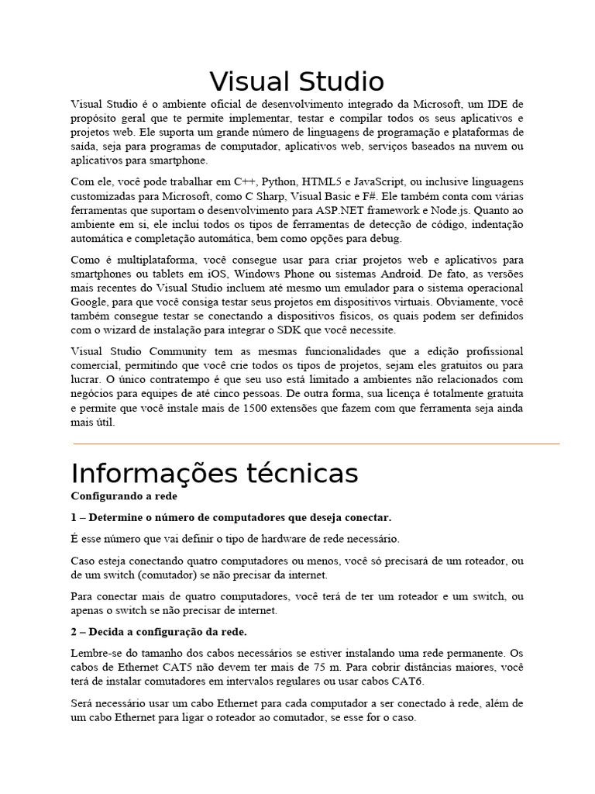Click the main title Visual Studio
[297, 81]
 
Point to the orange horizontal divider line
[316, 444]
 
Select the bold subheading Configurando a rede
[124, 495]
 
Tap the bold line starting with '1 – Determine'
[231, 517]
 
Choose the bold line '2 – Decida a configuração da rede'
[148, 632]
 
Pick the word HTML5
[324, 181]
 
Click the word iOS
[218, 274]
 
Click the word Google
[89, 302]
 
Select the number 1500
[256, 408]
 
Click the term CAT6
[408, 682]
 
